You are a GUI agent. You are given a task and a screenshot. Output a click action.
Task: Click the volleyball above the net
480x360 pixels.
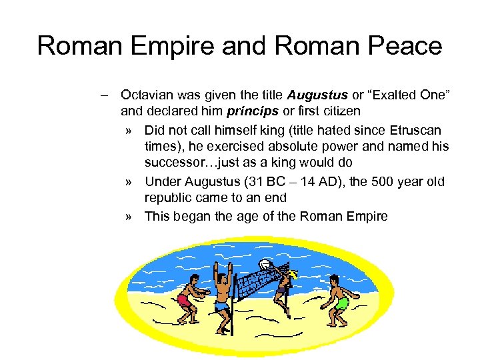pyautogui.click(x=265, y=265)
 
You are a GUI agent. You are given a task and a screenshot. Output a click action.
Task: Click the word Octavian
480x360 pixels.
pyautogui.click(x=149, y=95)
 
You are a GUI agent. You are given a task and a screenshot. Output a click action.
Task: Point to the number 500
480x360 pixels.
pyautogui.click(x=371, y=181)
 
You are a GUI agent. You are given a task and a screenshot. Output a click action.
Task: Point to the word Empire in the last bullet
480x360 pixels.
pyautogui.click(x=366, y=216)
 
